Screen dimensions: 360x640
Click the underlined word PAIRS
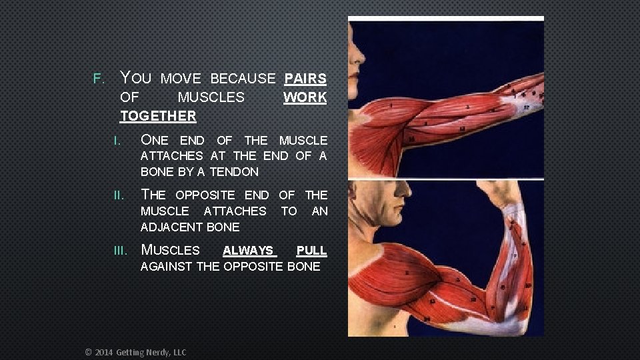(305, 79)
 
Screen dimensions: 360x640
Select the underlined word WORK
(305, 97)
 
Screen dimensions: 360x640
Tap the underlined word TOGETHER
(158, 116)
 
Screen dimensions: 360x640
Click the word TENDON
(234, 172)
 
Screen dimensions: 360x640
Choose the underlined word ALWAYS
(248, 251)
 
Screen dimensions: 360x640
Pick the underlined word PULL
(311, 251)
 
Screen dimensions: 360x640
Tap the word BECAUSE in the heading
(243, 79)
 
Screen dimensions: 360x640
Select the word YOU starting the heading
(135, 79)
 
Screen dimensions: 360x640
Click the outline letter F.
(98, 79)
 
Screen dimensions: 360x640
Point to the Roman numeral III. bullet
(121, 251)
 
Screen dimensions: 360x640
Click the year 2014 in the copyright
(104, 352)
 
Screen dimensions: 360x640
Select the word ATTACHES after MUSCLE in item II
(235, 211)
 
